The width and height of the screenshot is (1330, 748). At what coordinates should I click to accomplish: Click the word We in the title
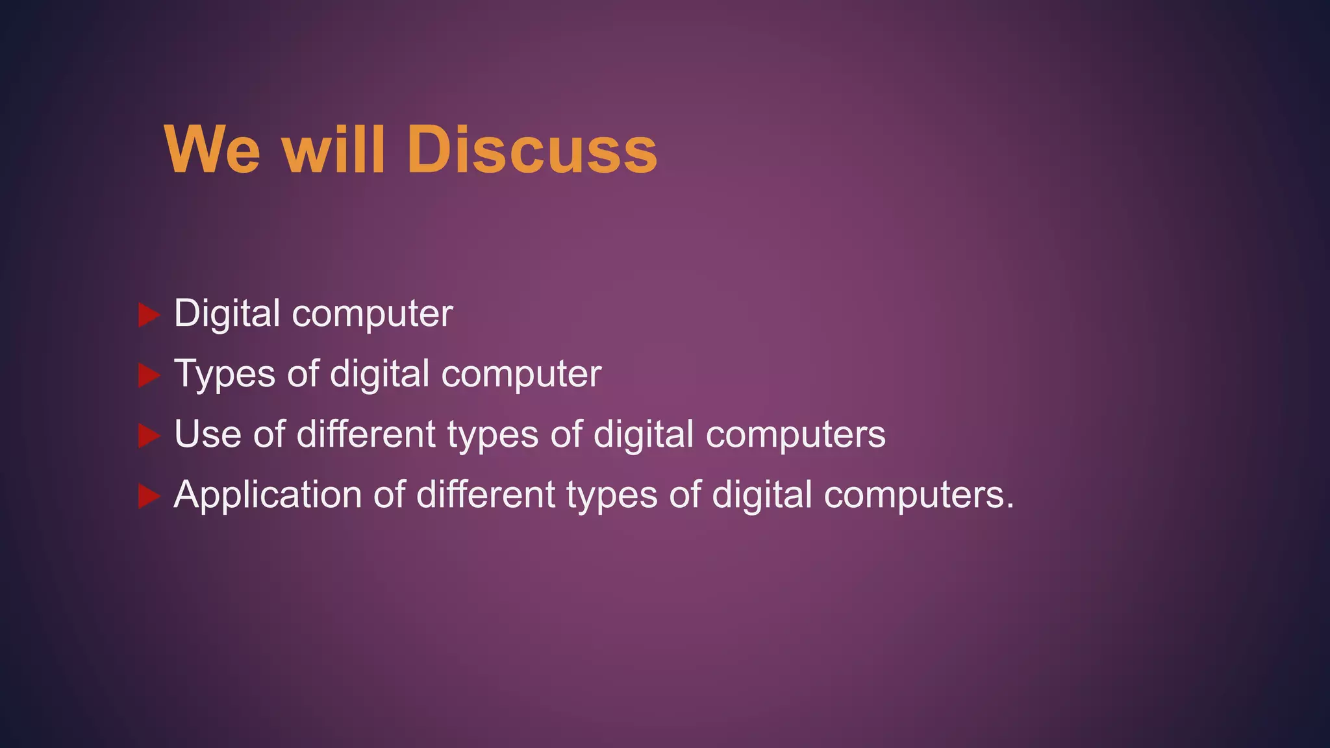pos(212,150)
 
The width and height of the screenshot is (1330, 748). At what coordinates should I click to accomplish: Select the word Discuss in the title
pos(532,150)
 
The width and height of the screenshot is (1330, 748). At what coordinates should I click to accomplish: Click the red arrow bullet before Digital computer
pos(149,316)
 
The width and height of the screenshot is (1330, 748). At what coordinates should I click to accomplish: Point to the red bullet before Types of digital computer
pos(149,375)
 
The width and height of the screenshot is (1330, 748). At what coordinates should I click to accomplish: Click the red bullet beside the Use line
pos(149,436)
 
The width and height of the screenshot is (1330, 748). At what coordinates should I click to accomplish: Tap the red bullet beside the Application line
pos(149,497)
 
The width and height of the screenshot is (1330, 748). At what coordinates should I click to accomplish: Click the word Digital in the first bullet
pos(227,314)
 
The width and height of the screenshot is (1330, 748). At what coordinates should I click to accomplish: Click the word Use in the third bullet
pos(208,434)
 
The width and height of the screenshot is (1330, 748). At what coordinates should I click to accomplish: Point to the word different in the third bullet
pos(366,434)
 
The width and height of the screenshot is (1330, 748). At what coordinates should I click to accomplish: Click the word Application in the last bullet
pos(267,495)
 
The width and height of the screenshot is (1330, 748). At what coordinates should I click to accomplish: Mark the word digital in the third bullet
pos(644,435)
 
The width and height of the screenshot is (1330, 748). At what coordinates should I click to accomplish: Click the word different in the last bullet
pos(486,495)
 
